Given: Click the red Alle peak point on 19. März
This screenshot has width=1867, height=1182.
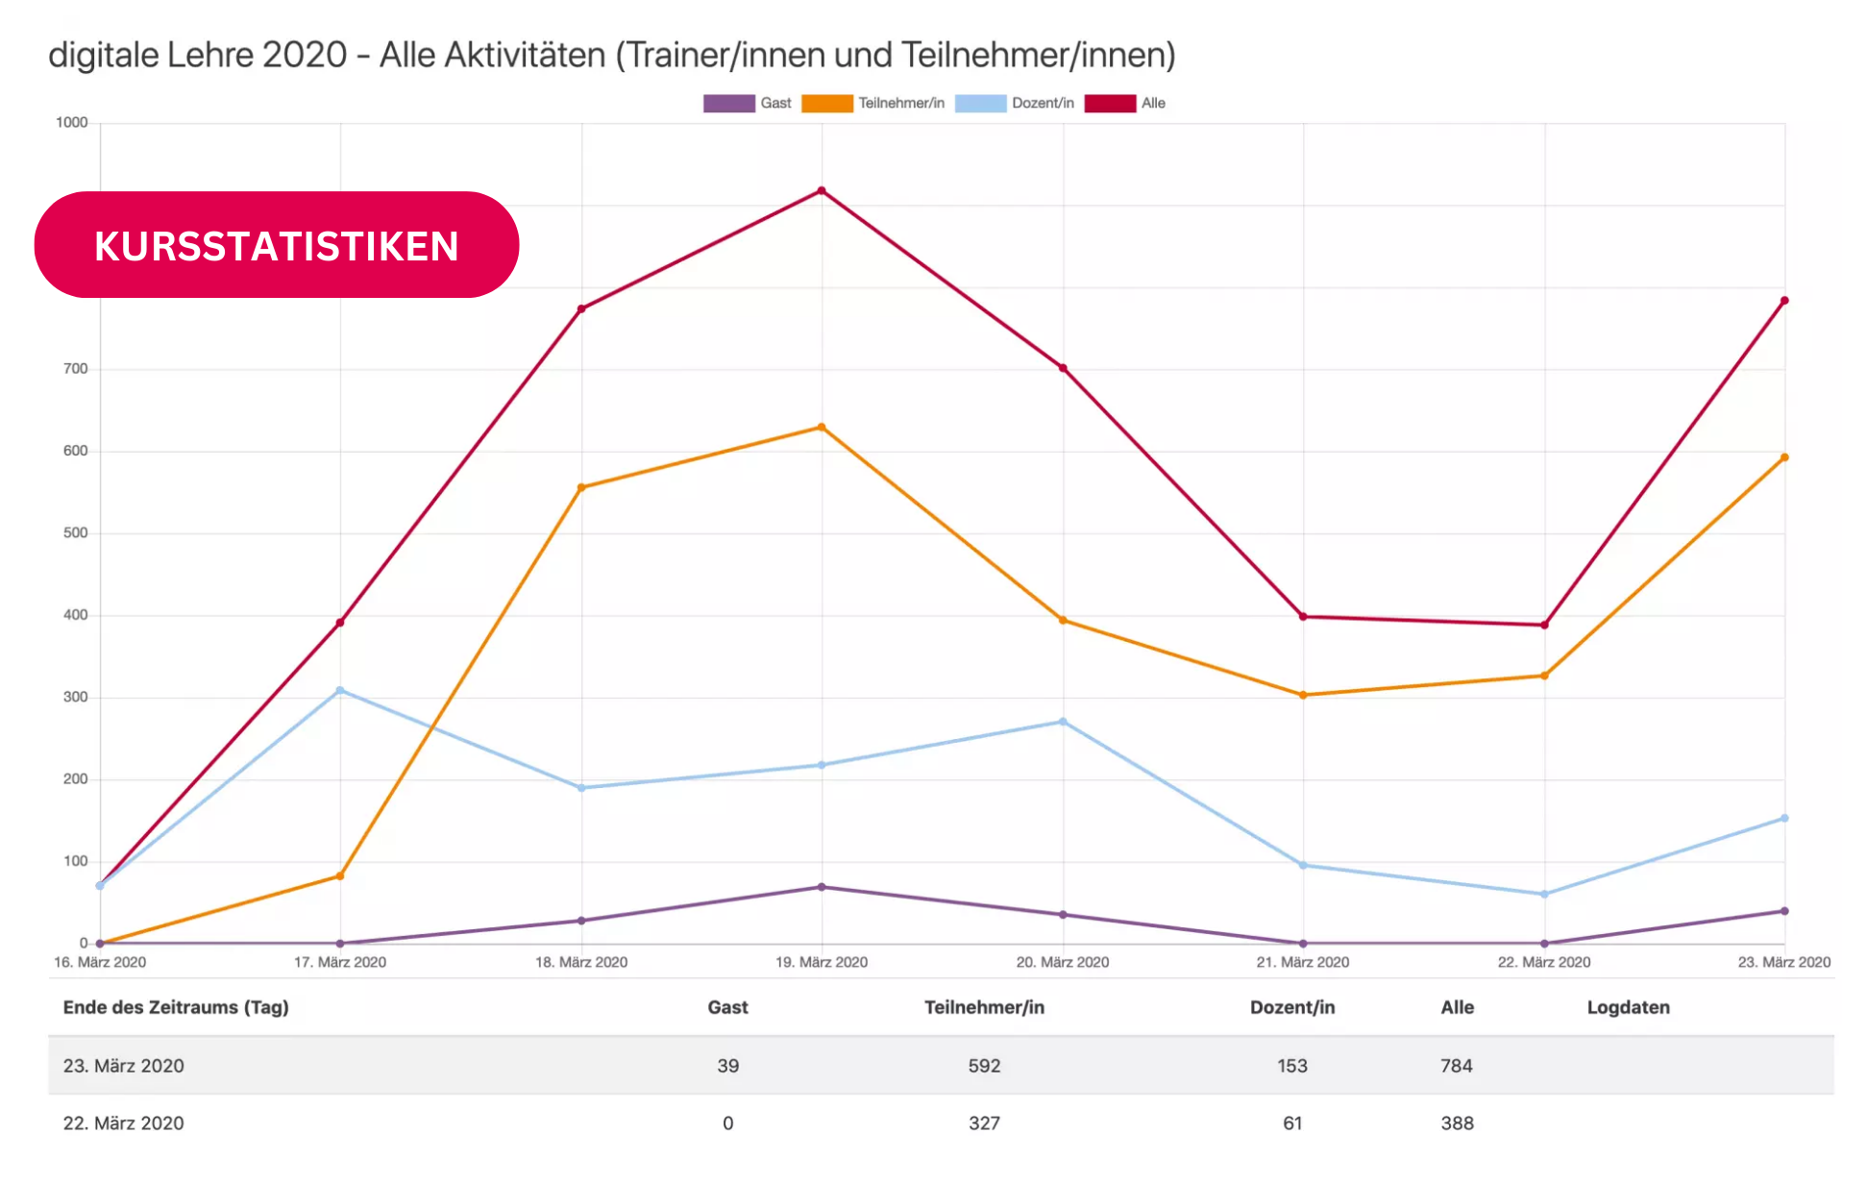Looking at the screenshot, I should [x=822, y=191].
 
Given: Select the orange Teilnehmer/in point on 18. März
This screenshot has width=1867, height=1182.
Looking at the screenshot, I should [x=581, y=488].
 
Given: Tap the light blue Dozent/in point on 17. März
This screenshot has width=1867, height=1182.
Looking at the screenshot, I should [x=340, y=691].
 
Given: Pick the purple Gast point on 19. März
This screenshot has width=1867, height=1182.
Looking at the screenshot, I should [x=822, y=887].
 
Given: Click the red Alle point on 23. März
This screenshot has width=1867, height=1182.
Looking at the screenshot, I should [x=1784, y=301].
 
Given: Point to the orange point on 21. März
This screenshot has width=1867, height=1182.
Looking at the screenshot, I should [x=1303, y=695].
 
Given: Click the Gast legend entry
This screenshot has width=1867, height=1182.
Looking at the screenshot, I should [x=748, y=104].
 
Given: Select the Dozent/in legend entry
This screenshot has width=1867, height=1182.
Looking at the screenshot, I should [x=1015, y=104].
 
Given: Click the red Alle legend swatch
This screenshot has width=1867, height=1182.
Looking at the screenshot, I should [x=1110, y=104].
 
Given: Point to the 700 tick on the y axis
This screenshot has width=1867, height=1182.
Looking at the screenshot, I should [x=76, y=369].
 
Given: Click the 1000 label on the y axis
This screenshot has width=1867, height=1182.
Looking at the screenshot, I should [x=72, y=123].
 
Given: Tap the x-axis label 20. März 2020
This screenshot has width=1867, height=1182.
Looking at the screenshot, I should [x=1063, y=962].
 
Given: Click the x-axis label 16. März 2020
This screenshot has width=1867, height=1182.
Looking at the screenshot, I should [x=100, y=962].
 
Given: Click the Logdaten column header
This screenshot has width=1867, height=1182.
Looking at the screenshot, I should [x=1628, y=1007].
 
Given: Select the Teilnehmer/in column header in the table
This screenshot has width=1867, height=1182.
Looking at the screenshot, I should [x=984, y=1007].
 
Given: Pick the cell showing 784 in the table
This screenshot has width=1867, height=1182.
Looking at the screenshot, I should [x=1457, y=1066].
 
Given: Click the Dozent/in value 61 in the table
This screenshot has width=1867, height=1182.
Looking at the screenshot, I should [x=1292, y=1123].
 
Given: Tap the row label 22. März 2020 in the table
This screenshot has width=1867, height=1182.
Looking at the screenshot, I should [x=123, y=1123].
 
